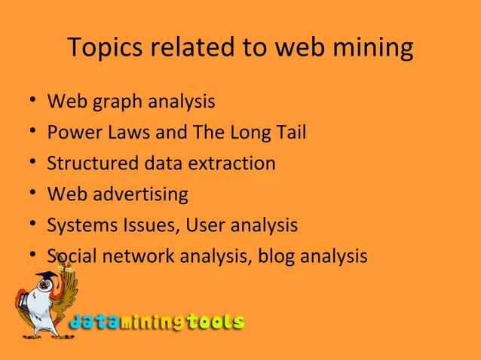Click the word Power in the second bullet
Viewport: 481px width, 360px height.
point(70,133)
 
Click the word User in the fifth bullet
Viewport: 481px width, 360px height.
point(202,225)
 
